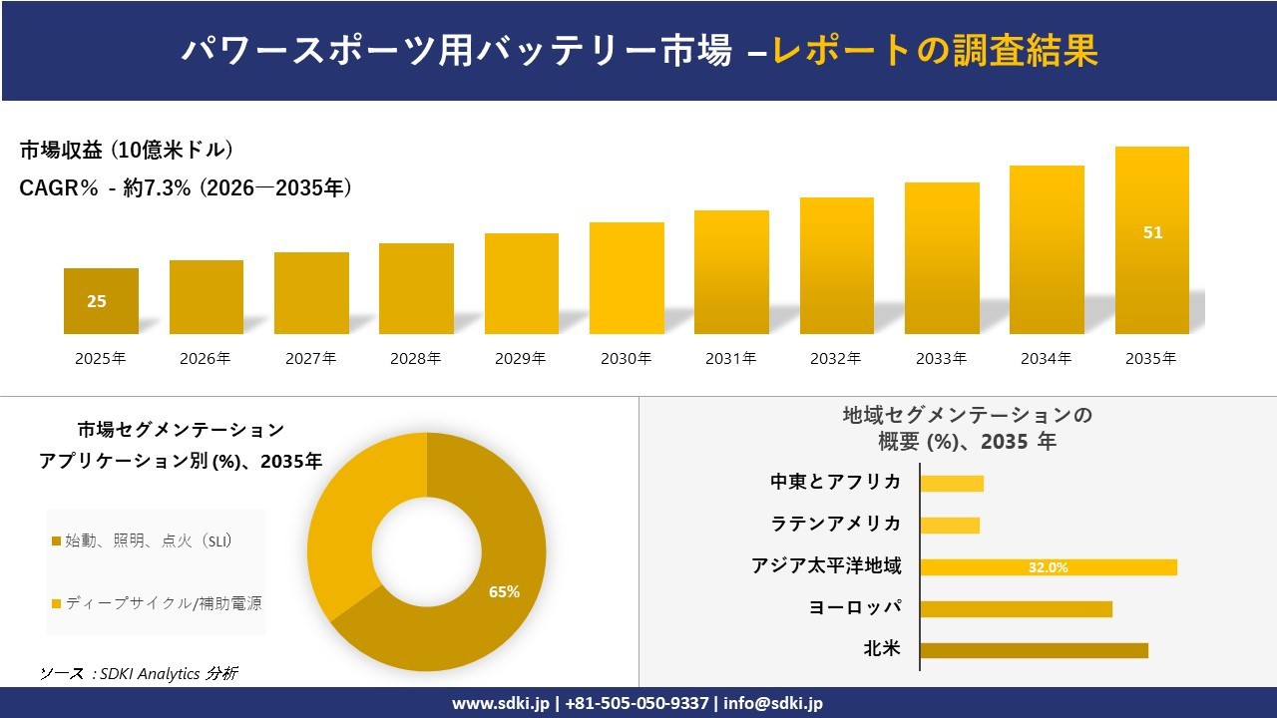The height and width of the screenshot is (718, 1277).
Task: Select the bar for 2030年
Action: pos(627,278)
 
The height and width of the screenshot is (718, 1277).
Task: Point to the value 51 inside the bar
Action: pos(1152,232)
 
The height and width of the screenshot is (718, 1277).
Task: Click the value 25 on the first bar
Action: pos(97,301)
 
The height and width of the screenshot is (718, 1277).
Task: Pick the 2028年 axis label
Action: pos(416,359)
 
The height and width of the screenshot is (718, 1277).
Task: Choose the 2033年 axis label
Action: pos(941,359)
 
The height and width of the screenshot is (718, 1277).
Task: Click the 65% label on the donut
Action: pos(504,591)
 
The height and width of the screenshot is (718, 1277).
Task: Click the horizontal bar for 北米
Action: pos(1034,650)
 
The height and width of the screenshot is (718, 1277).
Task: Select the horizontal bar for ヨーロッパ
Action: pos(1016,608)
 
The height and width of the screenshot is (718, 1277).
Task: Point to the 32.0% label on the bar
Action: pos(1048,567)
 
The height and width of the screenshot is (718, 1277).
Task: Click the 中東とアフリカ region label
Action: pos(835,483)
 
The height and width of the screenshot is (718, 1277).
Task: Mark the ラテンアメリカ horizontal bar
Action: pos(950,525)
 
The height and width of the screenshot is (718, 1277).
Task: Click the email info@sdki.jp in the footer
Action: pos(773,703)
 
